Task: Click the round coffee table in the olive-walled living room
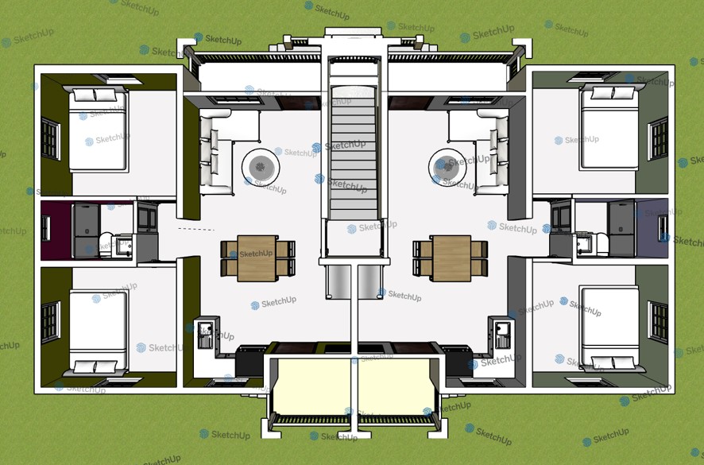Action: [x=261, y=167]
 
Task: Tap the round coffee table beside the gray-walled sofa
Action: [x=447, y=167]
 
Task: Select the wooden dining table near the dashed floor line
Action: [x=257, y=258]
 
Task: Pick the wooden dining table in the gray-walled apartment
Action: [x=451, y=258]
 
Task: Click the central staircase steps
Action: [x=354, y=153]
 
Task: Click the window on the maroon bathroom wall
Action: [x=46, y=228]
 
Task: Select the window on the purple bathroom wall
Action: [x=663, y=228]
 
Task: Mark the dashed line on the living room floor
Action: [x=196, y=229]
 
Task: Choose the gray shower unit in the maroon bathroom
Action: [x=86, y=231]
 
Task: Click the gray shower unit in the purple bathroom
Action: [x=622, y=229]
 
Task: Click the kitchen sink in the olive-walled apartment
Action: [x=205, y=335]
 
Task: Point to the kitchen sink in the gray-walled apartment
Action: [x=502, y=335]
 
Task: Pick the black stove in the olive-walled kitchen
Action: [x=249, y=361]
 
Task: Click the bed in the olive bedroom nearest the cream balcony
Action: [x=99, y=331]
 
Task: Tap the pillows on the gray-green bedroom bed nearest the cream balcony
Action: [x=611, y=362]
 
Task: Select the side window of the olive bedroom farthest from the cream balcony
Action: [x=51, y=138]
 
